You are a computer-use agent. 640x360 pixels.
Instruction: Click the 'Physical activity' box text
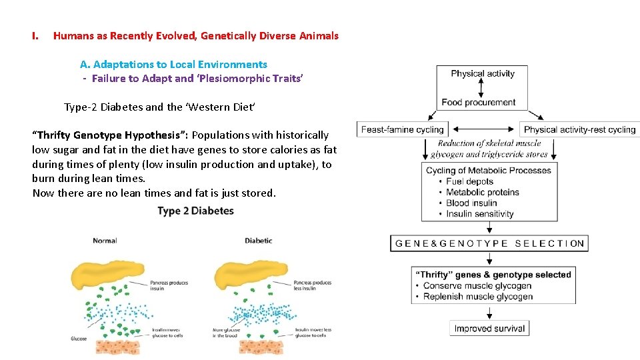pyautogui.click(x=482, y=74)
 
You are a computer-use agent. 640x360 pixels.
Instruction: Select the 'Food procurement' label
pyautogui.click(x=478, y=102)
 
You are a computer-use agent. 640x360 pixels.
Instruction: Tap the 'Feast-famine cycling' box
pyautogui.click(x=402, y=129)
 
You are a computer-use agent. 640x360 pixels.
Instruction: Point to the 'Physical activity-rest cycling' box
pyautogui.click(x=579, y=129)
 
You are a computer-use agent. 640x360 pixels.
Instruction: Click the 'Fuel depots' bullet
pyautogui.click(x=469, y=181)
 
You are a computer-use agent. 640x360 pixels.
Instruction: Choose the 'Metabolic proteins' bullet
pyautogui.click(x=482, y=192)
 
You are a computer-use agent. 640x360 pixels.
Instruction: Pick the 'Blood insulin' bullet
pyautogui.click(x=471, y=203)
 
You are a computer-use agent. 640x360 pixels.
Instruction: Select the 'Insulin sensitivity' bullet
pyautogui.click(x=479, y=214)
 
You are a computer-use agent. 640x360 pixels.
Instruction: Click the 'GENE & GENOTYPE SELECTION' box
pyautogui.click(x=489, y=243)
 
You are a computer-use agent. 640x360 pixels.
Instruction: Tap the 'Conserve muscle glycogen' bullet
pyautogui.click(x=477, y=286)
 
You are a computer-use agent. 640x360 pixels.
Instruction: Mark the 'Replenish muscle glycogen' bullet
pyautogui.click(x=478, y=297)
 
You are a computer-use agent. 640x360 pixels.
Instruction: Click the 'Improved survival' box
pyautogui.click(x=489, y=328)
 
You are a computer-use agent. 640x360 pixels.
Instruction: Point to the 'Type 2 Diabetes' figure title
pyautogui.click(x=195, y=211)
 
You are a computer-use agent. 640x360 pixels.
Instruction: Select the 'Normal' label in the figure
pyautogui.click(x=105, y=241)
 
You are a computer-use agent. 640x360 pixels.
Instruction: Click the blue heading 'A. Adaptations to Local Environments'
pyautogui.click(x=173, y=65)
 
